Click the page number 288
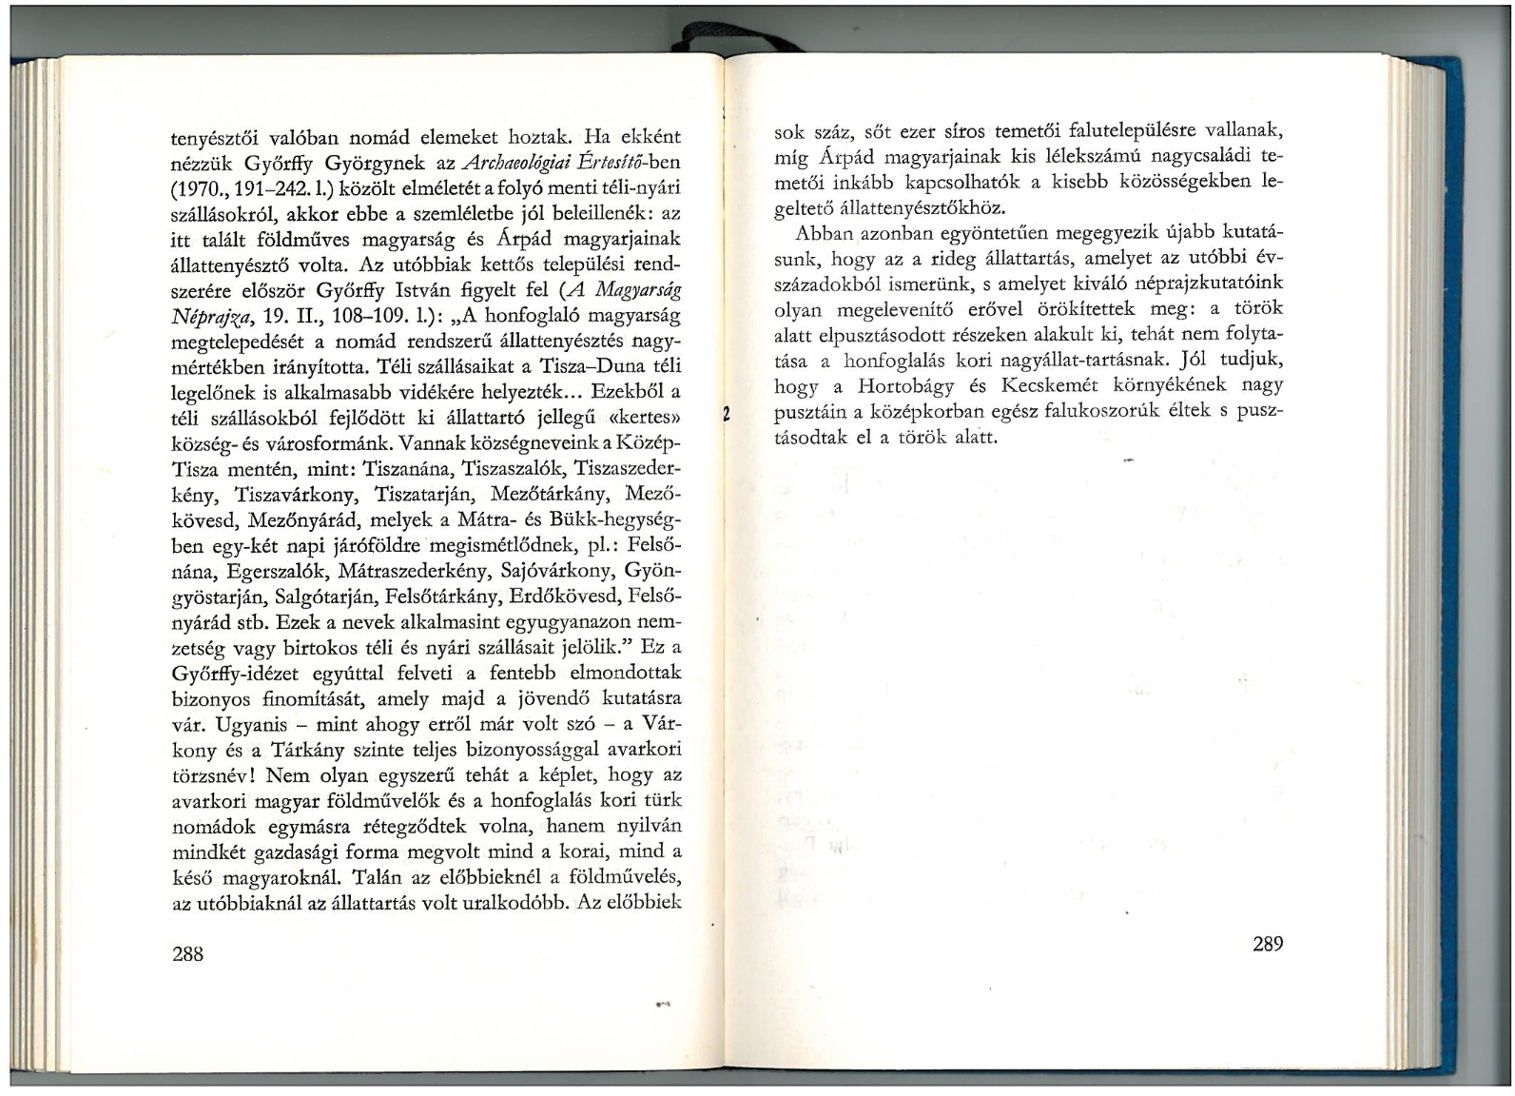(x=188, y=953)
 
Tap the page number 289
(x=1268, y=944)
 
